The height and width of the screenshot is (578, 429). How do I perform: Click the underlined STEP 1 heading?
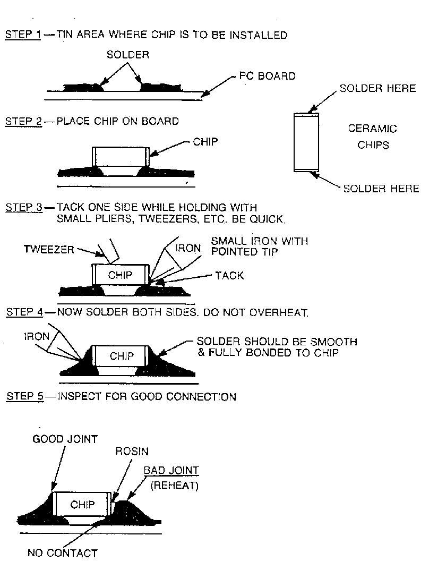(23, 36)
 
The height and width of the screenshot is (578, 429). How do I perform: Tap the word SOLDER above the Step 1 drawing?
(128, 54)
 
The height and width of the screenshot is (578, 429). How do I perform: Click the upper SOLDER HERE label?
(377, 88)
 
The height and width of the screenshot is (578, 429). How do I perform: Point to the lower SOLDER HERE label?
(381, 189)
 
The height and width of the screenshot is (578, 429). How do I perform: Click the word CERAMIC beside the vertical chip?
(372, 129)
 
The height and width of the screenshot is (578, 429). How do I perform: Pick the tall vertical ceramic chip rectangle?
(306, 142)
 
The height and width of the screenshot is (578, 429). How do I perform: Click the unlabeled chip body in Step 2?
(120, 157)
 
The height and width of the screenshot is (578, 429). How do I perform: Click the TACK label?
(229, 275)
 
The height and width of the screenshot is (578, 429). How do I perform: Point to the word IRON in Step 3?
(187, 249)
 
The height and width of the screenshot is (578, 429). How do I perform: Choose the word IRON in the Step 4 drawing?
(36, 336)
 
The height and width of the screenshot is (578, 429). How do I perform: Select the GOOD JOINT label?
(65, 439)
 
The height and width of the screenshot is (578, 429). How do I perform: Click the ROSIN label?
(132, 451)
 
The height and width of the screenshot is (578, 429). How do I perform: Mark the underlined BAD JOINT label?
(171, 471)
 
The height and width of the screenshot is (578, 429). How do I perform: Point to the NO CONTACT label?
(62, 553)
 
